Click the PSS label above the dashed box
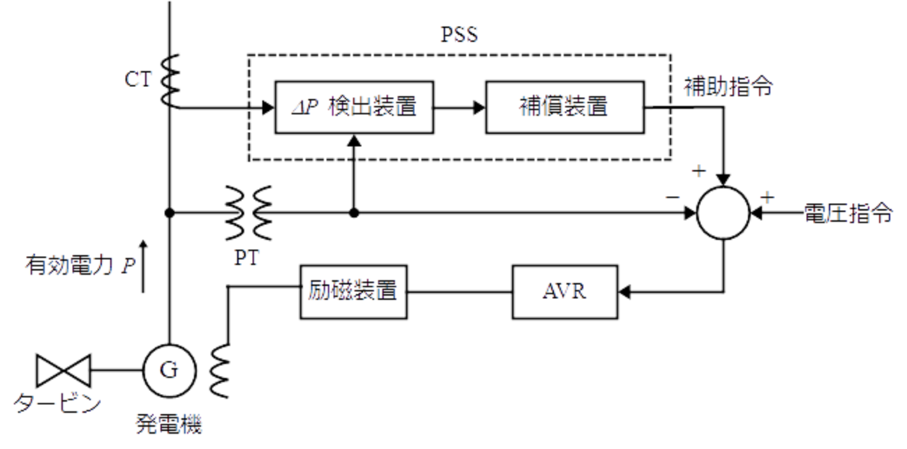(460, 35)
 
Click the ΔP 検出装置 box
(354, 107)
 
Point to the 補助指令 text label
(728, 87)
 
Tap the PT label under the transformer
(247, 259)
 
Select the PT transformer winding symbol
(248, 212)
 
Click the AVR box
(564, 292)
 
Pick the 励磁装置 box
(353, 292)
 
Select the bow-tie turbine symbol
(63, 370)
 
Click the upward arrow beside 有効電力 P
(144, 266)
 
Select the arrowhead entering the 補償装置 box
(477, 107)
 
